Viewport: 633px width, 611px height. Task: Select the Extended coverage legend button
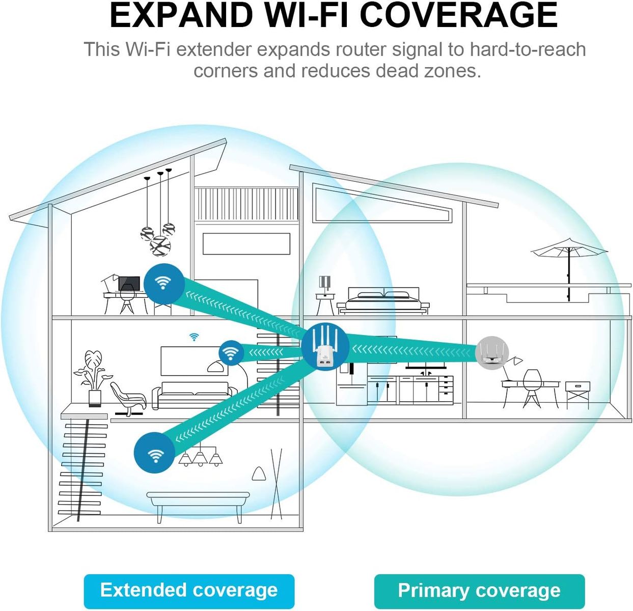tap(189, 590)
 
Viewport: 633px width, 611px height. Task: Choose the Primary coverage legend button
tap(479, 591)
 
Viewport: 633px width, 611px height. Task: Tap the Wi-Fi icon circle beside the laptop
tap(163, 283)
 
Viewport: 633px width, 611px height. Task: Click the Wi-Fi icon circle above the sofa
tap(231, 353)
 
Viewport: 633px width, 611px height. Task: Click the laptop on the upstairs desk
tap(129, 283)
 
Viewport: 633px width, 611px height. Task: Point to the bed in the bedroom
tap(383, 300)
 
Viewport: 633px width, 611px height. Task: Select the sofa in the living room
tap(195, 394)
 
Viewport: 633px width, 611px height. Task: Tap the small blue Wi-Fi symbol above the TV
tap(194, 337)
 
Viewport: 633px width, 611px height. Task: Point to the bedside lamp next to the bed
tap(325, 288)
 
